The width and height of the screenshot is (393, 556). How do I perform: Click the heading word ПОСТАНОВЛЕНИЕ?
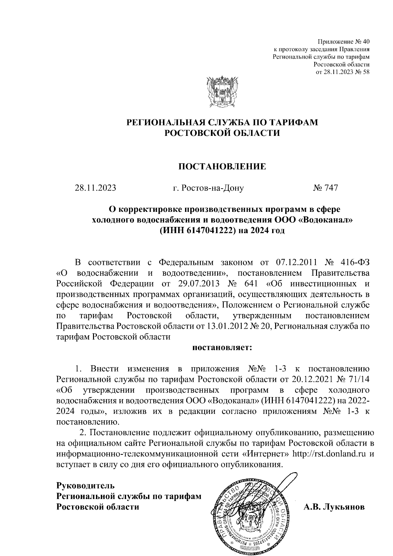coord(222,167)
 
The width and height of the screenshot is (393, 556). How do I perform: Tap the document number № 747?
coord(325,188)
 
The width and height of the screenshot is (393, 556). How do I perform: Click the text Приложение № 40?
coord(344,42)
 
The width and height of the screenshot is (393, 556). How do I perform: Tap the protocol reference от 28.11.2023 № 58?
coord(342,72)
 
